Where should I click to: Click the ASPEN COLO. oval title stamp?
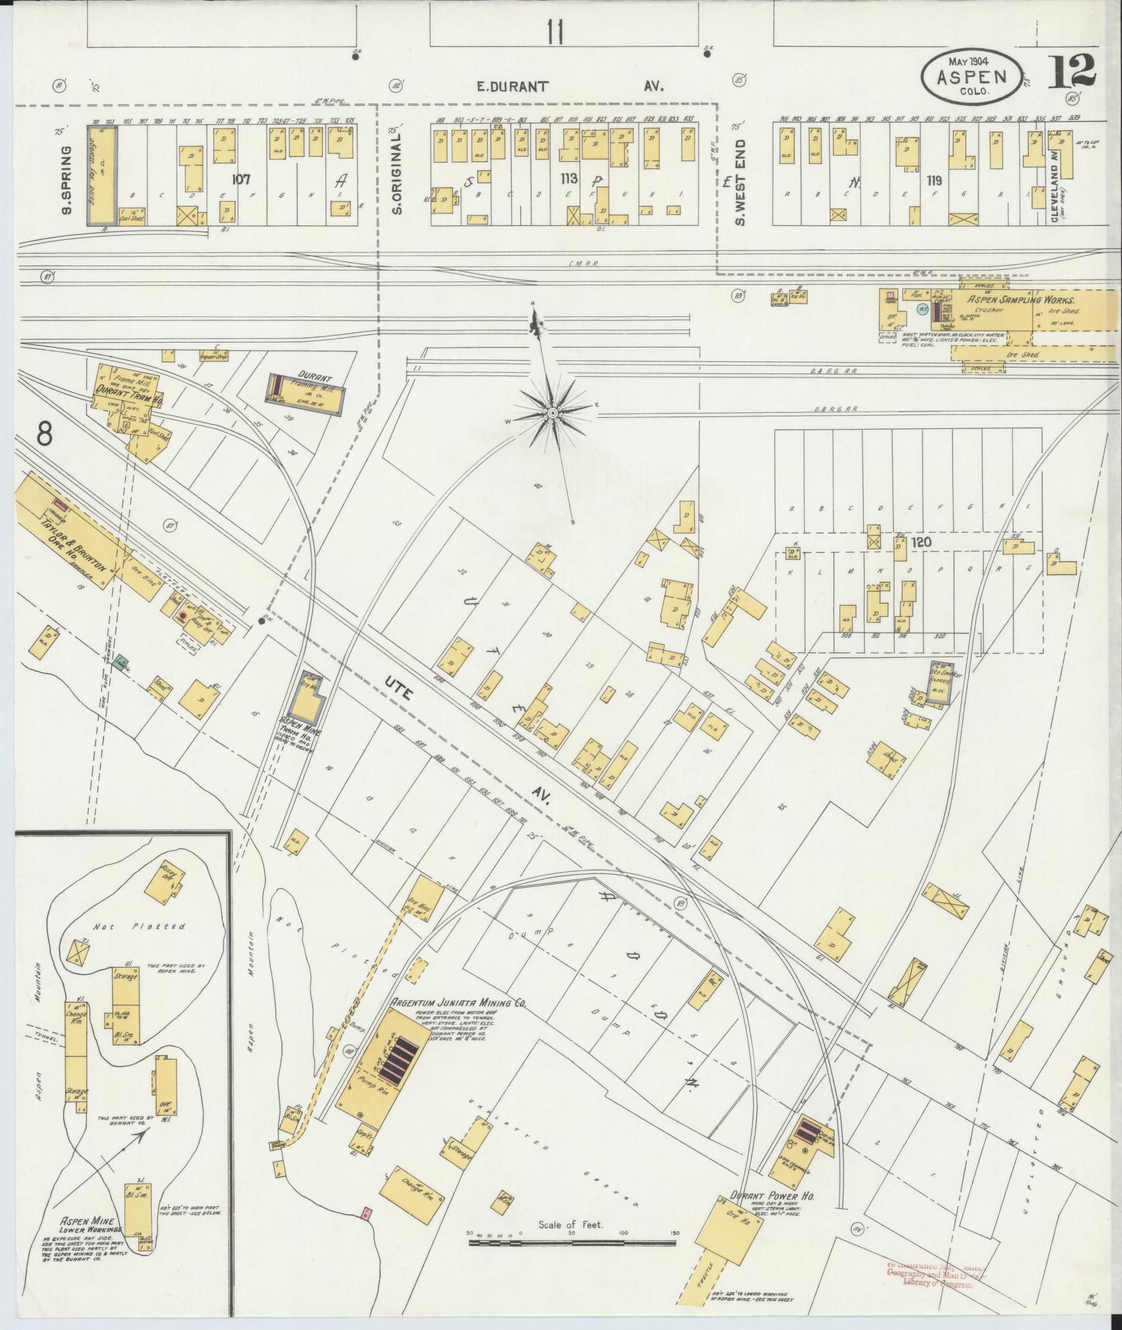point(972,72)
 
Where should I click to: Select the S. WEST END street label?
point(740,182)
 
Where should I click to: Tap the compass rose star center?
point(552,414)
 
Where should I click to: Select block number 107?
point(241,179)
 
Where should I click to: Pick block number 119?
point(933,180)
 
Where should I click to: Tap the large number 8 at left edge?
point(45,435)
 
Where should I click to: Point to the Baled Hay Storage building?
point(102,174)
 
